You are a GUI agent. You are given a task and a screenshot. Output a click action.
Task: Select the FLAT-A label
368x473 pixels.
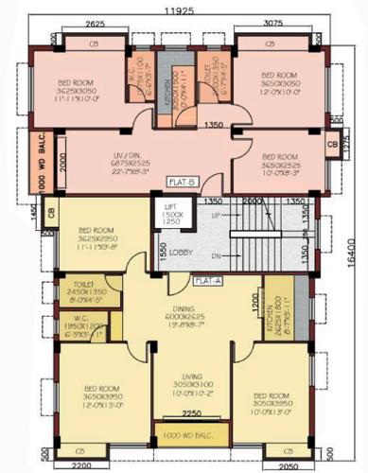point(207,280)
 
